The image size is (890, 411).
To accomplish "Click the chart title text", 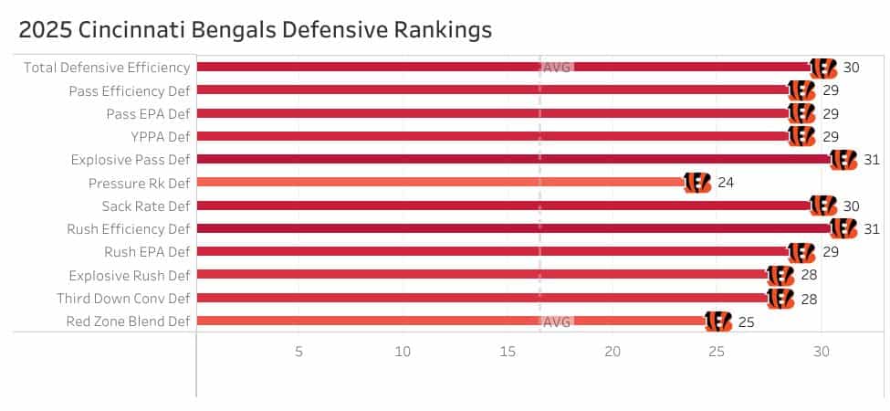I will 256,30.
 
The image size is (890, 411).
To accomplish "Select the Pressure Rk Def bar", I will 438,183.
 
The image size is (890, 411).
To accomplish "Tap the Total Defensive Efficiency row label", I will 107,67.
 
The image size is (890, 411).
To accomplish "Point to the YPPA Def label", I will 155,136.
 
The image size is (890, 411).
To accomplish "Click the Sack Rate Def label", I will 146,205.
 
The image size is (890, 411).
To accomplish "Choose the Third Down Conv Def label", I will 123,299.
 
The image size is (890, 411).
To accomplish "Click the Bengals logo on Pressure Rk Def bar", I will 696,183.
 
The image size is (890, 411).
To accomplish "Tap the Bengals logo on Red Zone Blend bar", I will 718,321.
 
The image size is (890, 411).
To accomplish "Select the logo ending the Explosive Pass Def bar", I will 843,160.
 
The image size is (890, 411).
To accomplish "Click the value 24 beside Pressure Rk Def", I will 726,183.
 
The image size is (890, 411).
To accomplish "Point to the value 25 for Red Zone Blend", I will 747,321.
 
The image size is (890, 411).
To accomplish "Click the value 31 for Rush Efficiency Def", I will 872,229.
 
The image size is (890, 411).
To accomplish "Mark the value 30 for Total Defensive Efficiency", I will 851,67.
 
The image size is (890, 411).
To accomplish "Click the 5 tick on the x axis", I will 298,352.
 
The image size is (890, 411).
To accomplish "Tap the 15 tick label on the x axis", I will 508,352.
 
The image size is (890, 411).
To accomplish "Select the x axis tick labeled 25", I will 717,352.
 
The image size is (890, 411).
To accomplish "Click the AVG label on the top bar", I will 557,67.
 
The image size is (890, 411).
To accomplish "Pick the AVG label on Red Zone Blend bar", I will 557,321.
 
